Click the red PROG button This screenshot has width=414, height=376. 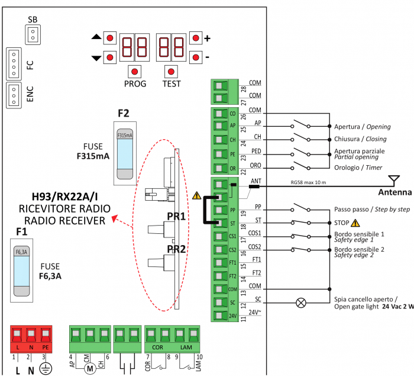(135, 72)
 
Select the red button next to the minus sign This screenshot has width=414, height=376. (196, 57)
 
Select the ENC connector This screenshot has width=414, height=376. (12, 95)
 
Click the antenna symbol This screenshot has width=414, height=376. (391, 179)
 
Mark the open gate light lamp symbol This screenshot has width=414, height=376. (301, 303)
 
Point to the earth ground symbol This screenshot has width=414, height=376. (44, 368)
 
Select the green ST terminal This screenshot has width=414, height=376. (220, 223)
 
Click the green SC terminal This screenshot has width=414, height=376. (220, 303)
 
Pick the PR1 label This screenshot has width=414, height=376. (176, 216)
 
